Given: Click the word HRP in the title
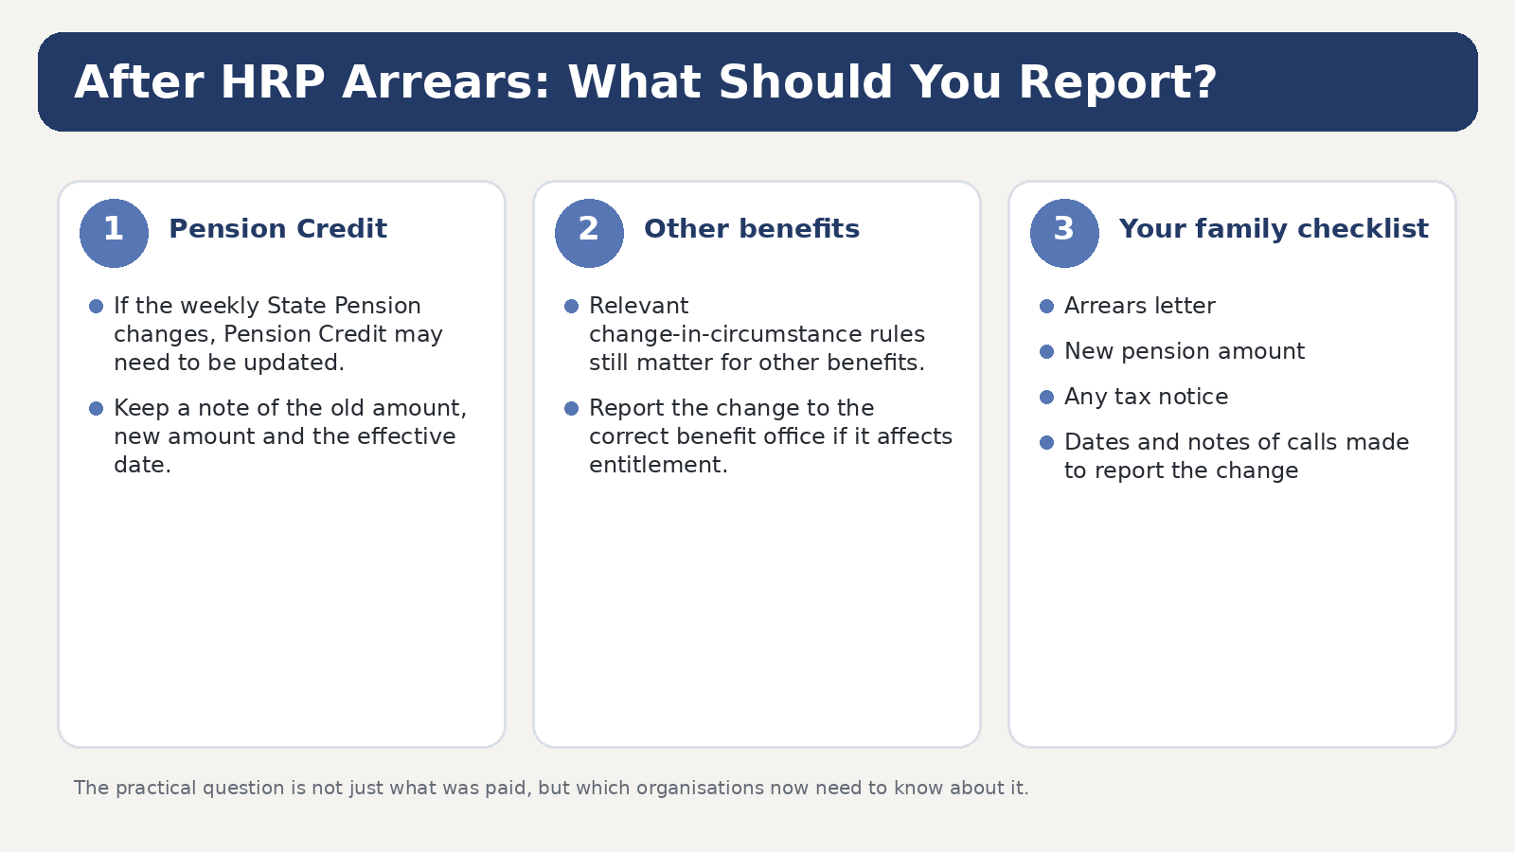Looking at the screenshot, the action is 273,82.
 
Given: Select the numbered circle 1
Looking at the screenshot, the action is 114,233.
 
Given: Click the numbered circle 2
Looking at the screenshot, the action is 589,233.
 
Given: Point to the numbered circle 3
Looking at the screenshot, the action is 1064,233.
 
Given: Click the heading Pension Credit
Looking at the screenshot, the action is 278,229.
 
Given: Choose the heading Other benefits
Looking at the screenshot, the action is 752,229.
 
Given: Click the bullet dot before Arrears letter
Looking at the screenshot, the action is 1046,307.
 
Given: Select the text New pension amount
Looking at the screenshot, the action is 1185,351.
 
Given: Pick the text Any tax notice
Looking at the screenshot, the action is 1146,397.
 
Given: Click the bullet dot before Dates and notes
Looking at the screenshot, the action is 1046,442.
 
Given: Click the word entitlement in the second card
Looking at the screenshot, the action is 658,465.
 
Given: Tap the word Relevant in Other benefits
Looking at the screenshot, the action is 638,306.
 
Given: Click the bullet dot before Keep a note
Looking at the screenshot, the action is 96,408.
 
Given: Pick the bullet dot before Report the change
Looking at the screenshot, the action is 572,408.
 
